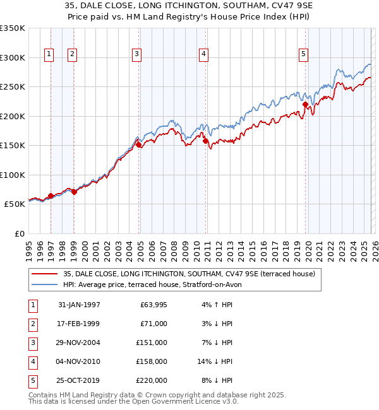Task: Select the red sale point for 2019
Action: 305,105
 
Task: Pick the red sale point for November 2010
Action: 205,141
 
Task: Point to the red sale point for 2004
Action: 139,145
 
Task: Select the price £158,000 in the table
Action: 152,361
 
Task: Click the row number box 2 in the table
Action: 32,324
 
